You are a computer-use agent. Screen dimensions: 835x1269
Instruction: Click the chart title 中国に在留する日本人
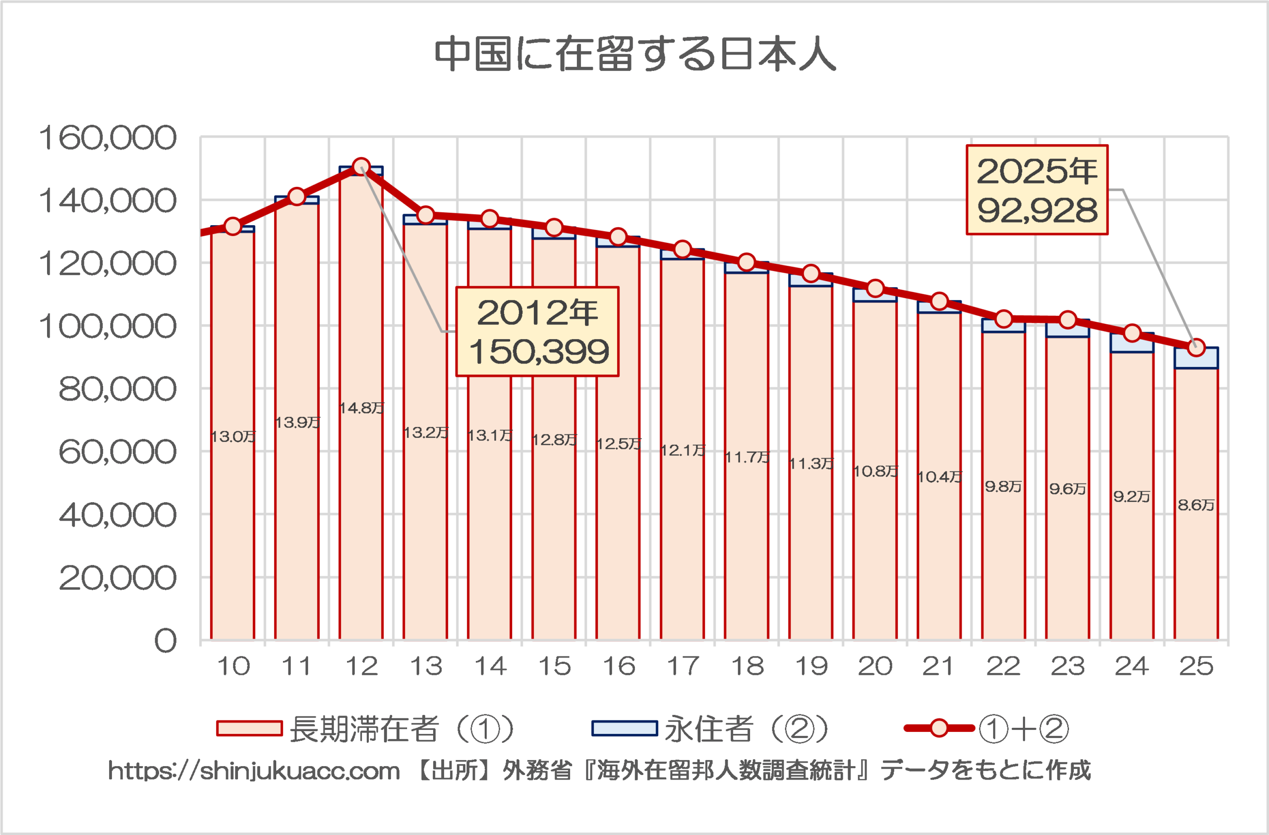tap(634, 55)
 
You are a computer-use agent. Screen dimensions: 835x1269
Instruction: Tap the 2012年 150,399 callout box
tap(537, 332)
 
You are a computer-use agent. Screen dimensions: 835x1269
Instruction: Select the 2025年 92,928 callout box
tap(1037, 190)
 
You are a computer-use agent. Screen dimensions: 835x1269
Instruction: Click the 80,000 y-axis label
tap(117, 389)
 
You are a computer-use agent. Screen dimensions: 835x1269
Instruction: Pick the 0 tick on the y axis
tap(165, 640)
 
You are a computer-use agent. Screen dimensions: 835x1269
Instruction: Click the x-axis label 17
tap(683, 666)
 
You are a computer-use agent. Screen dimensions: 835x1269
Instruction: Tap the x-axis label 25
tap(1196, 666)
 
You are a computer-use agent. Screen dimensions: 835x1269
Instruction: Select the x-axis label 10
tap(233, 666)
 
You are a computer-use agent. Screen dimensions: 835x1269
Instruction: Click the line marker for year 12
tap(361, 167)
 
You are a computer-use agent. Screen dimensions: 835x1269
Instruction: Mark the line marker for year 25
tap(1196, 348)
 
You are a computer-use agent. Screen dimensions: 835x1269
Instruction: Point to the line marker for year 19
tap(811, 274)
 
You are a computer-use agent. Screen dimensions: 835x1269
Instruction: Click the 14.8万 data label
tap(361, 409)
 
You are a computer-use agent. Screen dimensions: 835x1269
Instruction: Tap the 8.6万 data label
tap(1196, 505)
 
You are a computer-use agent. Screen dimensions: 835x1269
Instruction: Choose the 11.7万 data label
tap(747, 457)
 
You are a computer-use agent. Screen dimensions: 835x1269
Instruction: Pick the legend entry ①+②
tap(986, 729)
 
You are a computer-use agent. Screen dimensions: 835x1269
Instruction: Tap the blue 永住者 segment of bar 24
tap(1131, 343)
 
